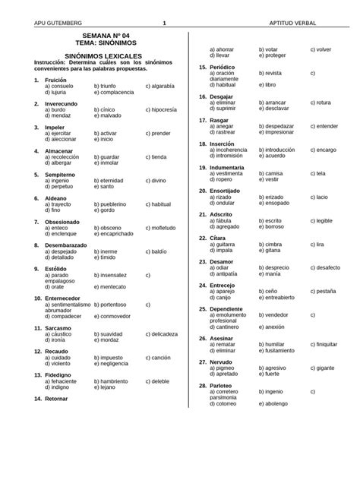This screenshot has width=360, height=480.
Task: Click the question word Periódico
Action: pyautogui.click(x=225, y=67)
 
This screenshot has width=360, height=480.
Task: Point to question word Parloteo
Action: pyautogui.click(x=224, y=386)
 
